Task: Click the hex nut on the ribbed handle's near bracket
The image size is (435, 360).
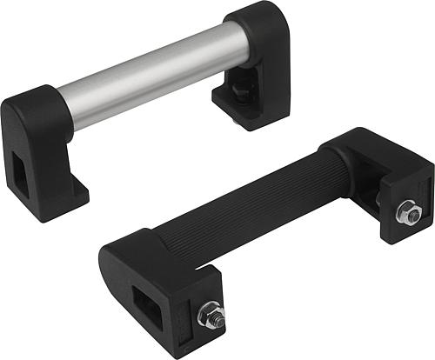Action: [210, 315]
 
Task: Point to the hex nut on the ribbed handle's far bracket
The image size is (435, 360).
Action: [408, 212]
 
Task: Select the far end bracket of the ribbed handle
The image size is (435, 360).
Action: [383, 174]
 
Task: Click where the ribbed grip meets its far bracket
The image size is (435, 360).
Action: [344, 174]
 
